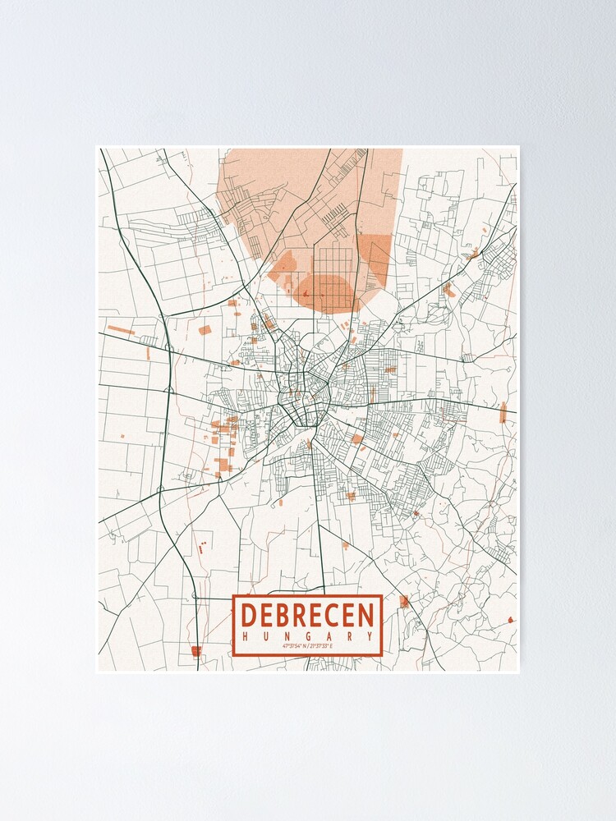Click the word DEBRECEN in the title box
click(x=307, y=615)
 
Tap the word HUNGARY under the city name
click(x=307, y=636)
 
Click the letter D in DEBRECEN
click(x=250, y=615)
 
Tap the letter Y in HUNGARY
click(x=370, y=636)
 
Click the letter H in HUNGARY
click(x=245, y=636)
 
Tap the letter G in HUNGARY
click(x=307, y=636)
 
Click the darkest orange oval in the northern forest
click(x=327, y=291)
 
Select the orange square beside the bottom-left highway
click(x=195, y=651)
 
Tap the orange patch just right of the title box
click(x=403, y=602)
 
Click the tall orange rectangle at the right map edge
click(x=503, y=412)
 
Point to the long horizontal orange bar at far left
click(x=121, y=330)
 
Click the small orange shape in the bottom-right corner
click(x=512, y=621)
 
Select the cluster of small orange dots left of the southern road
click(x=199, y=546)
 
